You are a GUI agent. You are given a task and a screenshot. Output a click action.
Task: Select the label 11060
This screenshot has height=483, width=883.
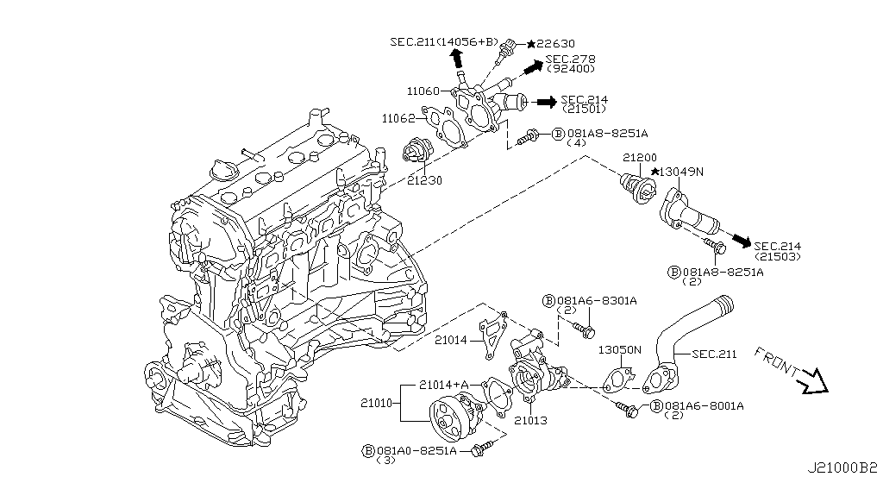(x=425, y=91)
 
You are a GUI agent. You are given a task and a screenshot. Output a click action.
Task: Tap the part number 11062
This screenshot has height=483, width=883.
(x=400, y=117)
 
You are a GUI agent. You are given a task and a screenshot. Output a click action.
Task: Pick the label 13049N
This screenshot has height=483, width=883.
(x=683, y=172)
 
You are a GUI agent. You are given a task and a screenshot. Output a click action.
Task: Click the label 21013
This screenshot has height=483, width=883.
(x=529, y=421)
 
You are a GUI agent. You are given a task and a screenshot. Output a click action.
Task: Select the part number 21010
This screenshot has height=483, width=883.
(x=378, y=403)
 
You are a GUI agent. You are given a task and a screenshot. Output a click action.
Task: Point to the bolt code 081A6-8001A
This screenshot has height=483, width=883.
(x=704, y=405)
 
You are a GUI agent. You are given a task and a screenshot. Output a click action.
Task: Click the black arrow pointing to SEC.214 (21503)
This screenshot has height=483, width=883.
(x=738, y=238)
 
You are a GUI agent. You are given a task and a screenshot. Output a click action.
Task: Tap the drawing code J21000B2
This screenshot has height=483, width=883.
(x=842, y=468)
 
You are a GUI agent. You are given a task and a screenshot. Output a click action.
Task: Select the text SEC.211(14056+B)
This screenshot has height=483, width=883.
(x=443, y=41)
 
